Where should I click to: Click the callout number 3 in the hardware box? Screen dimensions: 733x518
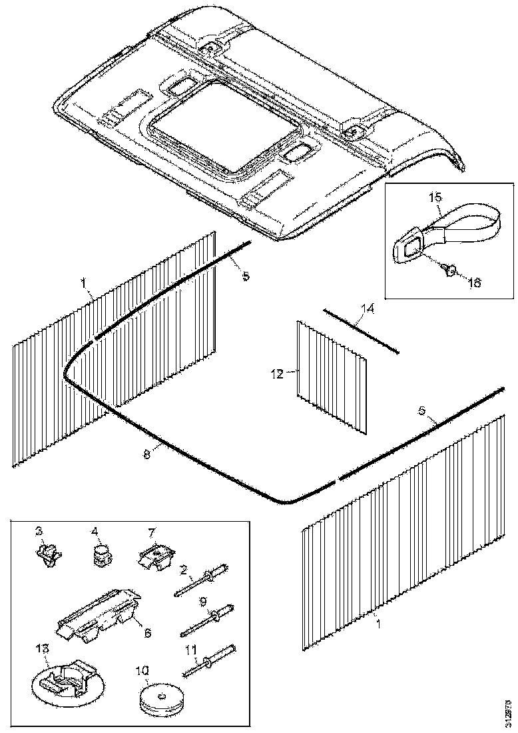(x=39, y=530)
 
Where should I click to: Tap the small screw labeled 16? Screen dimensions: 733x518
(x=448, y=268)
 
